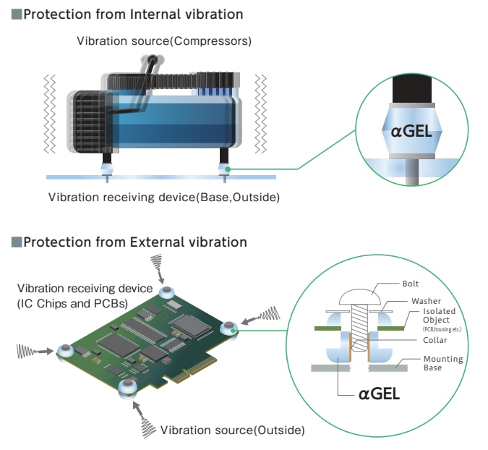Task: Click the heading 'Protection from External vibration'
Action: [134, 242]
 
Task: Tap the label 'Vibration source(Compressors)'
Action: [164, 41]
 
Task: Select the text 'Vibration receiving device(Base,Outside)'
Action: [163, 197]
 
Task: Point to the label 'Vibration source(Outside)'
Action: [233, 430]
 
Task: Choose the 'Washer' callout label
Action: [426, 300]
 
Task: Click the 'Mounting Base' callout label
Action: [443, 363]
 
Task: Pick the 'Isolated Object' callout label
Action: [440, 315]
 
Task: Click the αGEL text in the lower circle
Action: [379, 394]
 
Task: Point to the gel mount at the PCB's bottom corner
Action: [129, 386]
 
